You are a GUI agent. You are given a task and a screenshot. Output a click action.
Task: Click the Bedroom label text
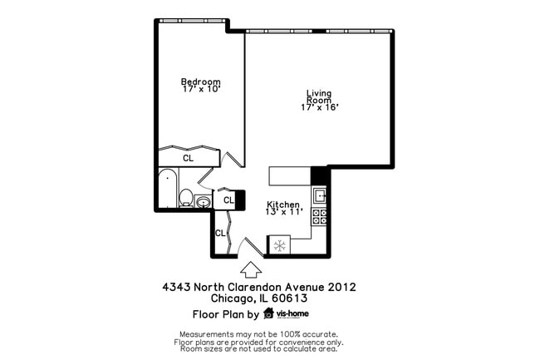[201, 81]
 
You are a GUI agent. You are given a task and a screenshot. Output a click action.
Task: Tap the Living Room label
[319, 96]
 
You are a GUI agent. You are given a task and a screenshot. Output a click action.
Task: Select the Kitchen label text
[282, 205]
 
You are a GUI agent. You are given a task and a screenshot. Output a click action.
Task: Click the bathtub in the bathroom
[167, 188]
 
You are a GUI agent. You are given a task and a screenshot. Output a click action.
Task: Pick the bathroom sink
[204, 201]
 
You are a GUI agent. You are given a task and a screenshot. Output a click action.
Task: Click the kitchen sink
[319, 196]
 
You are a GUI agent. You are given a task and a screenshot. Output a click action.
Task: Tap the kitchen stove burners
[319, 217]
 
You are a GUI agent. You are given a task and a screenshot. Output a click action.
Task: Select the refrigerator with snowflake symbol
[280, 245]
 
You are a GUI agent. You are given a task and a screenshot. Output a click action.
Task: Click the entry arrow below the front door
[248, 269]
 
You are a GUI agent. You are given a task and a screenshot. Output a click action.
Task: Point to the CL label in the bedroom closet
[189, 158]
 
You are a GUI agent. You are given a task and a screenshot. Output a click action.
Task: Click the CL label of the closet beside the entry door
[220, 233]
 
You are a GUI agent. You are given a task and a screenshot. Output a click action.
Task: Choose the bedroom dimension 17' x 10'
[201, 90]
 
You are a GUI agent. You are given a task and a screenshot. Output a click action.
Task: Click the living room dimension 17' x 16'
[319, 107]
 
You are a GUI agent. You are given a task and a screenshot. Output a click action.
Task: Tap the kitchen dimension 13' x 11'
[282, 213]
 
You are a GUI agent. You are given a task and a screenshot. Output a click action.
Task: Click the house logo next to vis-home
[268, 314]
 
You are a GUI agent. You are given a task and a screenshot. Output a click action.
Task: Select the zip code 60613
[289, 298]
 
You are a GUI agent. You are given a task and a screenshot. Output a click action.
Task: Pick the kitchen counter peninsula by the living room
[289, 176]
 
